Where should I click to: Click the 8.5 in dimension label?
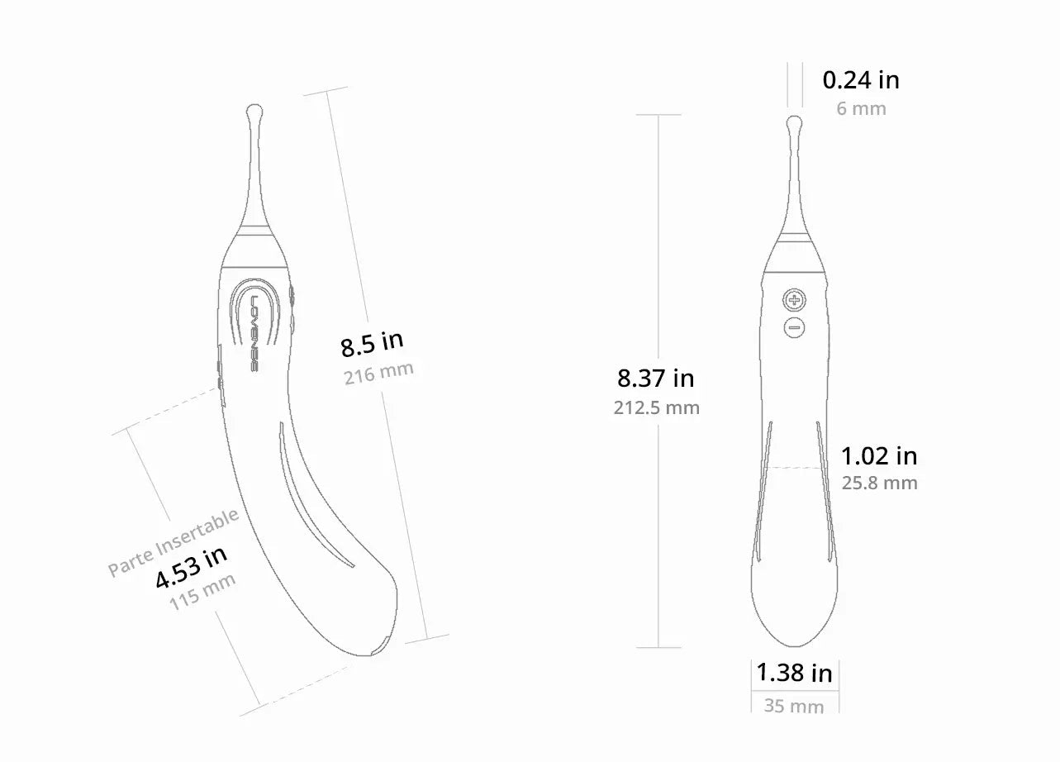(372, 344)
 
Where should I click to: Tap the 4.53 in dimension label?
(191, 567)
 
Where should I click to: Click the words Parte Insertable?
(173, 542)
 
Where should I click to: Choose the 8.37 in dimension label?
(656, 379)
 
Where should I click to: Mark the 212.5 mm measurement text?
(656, 407)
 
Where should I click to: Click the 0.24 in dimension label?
(861, 80)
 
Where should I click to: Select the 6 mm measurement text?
(861, 108)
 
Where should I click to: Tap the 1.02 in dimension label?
(879, 455)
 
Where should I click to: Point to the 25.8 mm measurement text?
(879, 483)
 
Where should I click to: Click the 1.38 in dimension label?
(795, 673)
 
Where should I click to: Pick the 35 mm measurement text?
(794, 707)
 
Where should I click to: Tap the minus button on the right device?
(794, 328)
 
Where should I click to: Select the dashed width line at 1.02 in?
(794, 468)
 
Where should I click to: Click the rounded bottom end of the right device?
(794, 636)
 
